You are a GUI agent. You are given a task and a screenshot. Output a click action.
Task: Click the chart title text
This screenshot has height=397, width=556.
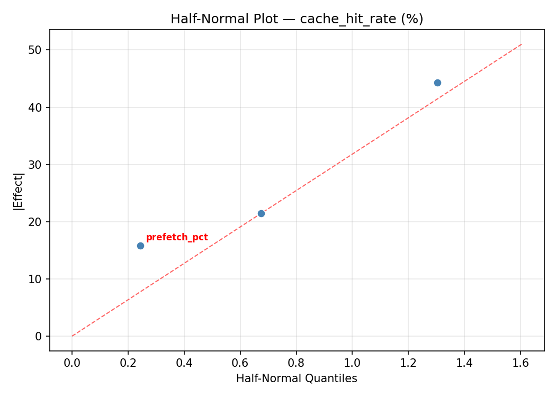pyautogui.click(x=297, y=19)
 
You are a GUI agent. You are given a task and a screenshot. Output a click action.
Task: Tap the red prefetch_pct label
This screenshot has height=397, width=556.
pyautogui.click(x=177, y=238)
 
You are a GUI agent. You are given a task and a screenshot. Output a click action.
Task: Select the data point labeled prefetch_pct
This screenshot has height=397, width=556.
pyautogui.click(x=140, y=246)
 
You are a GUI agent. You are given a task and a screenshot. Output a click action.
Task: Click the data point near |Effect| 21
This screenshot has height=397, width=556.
pyautogui.click(x=261, y=213)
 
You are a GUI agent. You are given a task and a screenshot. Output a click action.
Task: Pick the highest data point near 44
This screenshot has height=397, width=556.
pyautogui.click(x=437, y=83)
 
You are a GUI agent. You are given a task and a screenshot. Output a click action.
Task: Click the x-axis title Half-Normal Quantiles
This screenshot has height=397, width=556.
pyautogui.click(x=297, y=378)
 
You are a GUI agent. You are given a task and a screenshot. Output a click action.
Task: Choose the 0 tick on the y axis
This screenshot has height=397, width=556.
pyautogui.click(x=39, y=336)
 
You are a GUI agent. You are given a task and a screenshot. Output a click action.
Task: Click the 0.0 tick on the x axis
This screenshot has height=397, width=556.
pyautogui.click(x=72, y=363)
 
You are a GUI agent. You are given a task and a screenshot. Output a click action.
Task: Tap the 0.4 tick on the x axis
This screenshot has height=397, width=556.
pyautogui.click(x=184, y=363)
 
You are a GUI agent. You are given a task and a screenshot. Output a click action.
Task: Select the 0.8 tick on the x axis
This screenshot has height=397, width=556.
pyautogui.click(x=297, y=363)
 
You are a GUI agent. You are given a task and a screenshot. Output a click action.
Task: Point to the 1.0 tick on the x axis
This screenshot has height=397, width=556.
pyautogui.click(x=353, y=363)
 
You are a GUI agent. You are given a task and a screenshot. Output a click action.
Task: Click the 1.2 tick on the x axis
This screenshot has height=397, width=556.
pyautogui.click(x=409, y=363)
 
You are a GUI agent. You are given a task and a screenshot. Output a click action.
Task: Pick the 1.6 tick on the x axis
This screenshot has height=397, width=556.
pyautogui.click(x=521, y=363)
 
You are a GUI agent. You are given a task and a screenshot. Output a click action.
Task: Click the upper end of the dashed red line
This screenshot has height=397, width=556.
pyautogui.click(x=522, y=44)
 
